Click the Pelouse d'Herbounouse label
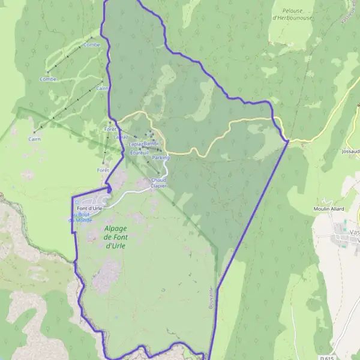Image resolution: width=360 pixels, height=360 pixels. [292, 14]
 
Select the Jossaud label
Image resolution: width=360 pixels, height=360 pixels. [349, 152]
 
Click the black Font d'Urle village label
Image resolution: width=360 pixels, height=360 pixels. [90, 208]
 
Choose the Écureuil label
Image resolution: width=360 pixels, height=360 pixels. [139, 152]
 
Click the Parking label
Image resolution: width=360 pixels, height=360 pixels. [161, 158]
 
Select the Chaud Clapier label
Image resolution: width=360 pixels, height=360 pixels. [158, 182]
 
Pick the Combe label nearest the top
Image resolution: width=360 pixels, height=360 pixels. [92, 44]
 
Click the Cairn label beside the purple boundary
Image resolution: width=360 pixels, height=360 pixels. [102, 88]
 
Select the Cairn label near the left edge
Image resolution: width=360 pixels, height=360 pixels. [33, 139]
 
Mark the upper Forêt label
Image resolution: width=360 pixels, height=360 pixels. [110, 129]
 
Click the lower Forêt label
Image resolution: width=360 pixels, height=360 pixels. [103, 170]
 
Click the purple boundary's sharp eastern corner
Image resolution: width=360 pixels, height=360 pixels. [289, 141]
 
